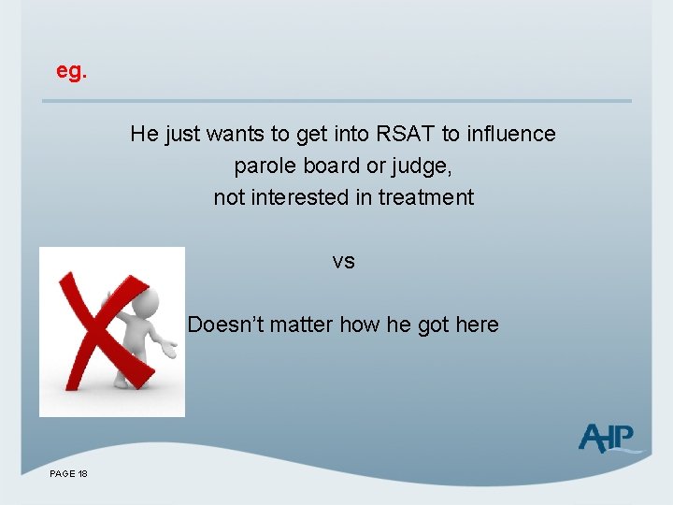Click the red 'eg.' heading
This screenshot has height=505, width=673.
tap(71, 71)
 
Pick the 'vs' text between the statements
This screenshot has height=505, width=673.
tap(343, 262)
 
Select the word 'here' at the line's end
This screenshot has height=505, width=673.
tap(477, 325)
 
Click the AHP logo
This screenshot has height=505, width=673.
tap(608, 437)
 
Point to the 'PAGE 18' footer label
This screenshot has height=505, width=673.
tap(69, 475)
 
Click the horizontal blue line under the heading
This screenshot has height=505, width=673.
tap(337, 101)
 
